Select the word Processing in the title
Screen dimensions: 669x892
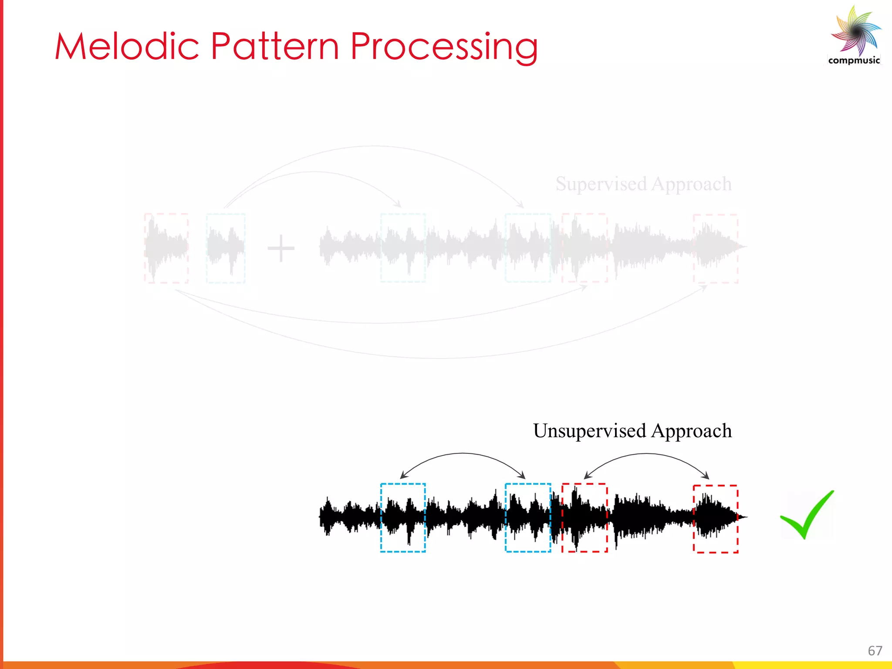click(444, 47)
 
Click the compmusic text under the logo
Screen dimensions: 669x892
click(854, 61)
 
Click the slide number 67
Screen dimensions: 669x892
click(875, 651)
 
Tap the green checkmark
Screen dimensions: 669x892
click(806, 515)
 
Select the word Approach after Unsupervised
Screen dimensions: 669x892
click(691, 431)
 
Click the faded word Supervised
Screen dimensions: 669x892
click(601, 184)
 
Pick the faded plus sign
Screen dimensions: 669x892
click(281, 248)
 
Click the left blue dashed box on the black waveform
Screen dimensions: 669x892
click(403, 517)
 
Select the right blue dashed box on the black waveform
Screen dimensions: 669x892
click(528, 517)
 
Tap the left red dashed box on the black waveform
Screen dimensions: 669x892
click(585, 517)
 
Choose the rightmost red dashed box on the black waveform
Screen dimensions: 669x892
click(716, 518)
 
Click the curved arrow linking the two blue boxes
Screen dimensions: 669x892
click(463, 454)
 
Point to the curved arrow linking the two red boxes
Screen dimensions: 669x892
click(646, 454)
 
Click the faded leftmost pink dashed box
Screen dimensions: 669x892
click(166, 248)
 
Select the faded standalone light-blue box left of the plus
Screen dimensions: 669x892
click(226, 248)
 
